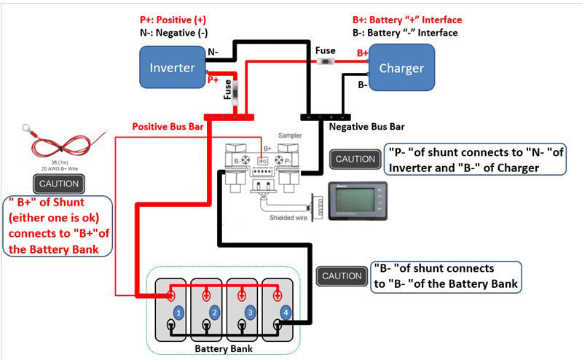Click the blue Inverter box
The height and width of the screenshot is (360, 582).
click(x=173, y=68)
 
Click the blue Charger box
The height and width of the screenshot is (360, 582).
click(x=401, y=69)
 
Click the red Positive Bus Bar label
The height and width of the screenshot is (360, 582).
click(x=167, y=127)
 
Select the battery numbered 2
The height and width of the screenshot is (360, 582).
click(x=214, y=311)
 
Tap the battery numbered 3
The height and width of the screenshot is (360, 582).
click(x=250, y=311)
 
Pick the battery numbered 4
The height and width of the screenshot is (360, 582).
click(x=286, y=311)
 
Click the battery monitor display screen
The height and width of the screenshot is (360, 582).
click(x=359, y=197)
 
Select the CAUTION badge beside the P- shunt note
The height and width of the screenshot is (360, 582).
click(x=355, y=159)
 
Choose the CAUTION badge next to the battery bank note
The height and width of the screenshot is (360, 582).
click(x=342, y=276)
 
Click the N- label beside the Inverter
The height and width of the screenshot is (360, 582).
click(x=213, y=52)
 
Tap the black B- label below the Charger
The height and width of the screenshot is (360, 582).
click(x=361, y=85)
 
